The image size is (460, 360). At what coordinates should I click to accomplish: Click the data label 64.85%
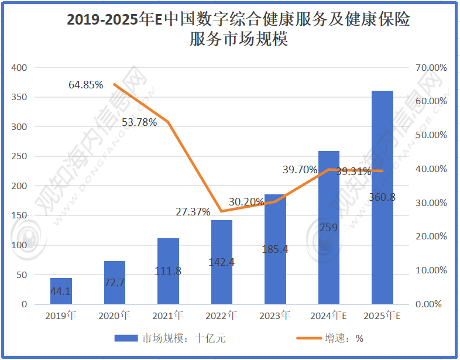click(x=85, y=85)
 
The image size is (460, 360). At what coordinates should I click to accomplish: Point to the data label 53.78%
click(x=139, y=122)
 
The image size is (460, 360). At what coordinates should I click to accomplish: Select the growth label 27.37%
click(x=193, y=212)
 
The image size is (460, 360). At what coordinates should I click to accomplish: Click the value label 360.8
click(x=382, y=197)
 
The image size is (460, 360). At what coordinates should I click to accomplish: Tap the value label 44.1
click(x=61, y=291)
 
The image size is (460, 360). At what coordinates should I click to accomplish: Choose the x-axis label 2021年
click(x=168, y=316)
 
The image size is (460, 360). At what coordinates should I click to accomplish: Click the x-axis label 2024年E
click(x=329, y=316)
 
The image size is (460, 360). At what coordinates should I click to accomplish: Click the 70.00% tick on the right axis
click(x=431, y=68)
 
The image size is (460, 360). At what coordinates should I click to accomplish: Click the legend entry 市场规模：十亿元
click(x=170, y=338)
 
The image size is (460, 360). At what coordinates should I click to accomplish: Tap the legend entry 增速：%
click(x=330, y=338)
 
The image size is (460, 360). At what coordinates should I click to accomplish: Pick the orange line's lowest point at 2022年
click(x=221, y=211)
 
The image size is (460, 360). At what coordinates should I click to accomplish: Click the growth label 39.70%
click(x=300, y=170)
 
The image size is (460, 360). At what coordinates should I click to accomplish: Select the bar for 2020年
click(x=114, y=282)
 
